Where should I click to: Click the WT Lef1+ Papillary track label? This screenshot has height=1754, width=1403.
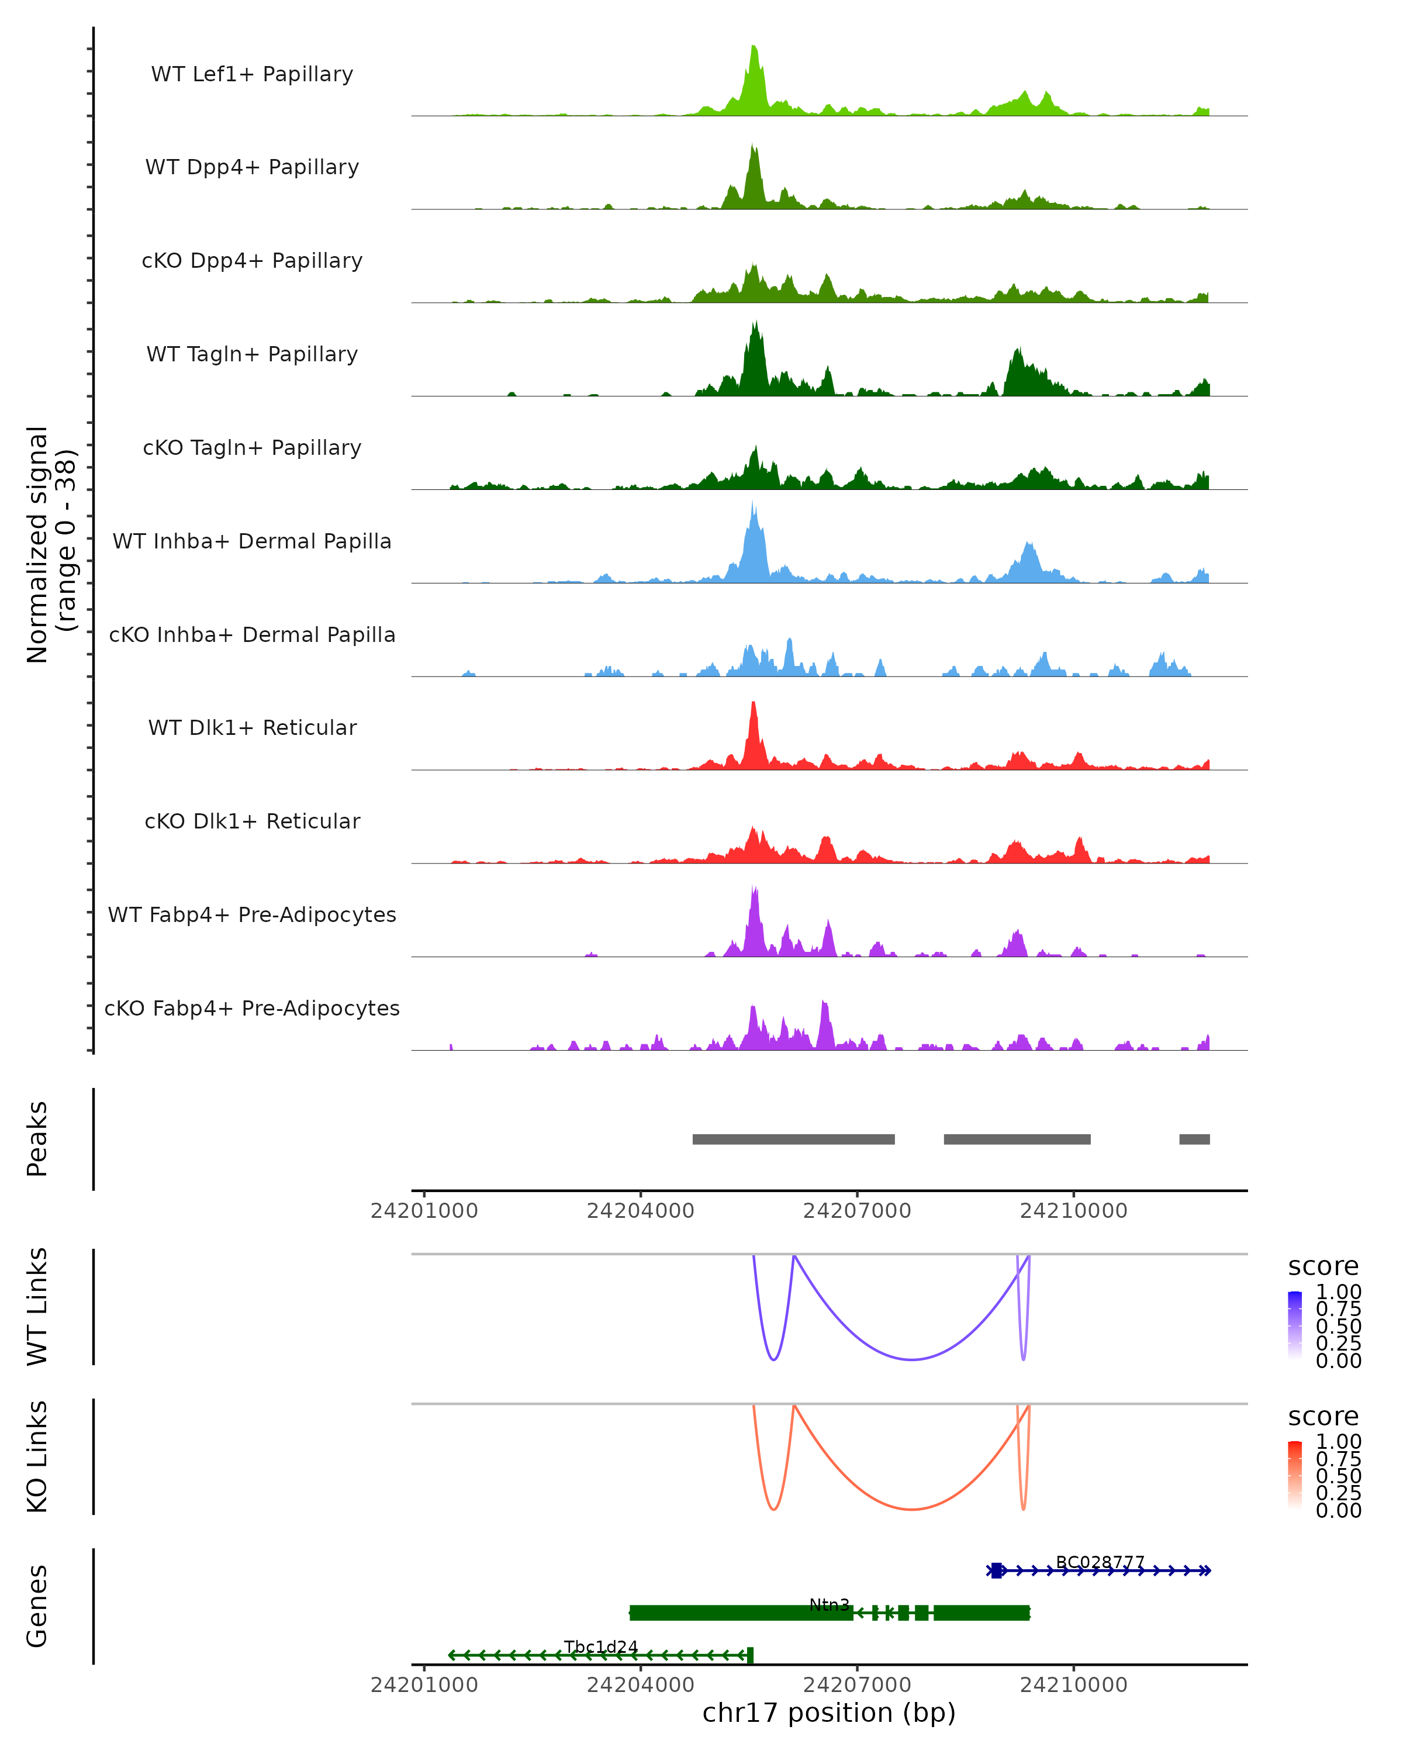252,74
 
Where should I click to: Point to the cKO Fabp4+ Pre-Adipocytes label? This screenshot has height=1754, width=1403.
252,1008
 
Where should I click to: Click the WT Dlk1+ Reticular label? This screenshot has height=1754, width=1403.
252,727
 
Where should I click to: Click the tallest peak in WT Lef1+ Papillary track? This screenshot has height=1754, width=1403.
754,49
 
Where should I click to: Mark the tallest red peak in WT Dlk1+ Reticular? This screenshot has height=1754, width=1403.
753,705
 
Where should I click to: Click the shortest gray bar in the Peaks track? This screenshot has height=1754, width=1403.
1194,1139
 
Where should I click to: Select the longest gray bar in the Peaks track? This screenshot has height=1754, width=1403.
793,1139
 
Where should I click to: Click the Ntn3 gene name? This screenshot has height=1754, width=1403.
829,1604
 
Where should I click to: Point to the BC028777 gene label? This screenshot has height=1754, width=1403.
1100,1562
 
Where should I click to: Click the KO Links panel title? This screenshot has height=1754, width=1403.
37,1456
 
